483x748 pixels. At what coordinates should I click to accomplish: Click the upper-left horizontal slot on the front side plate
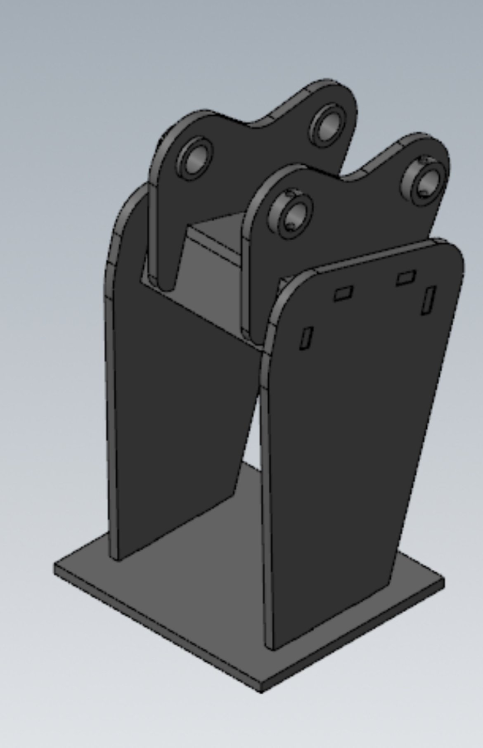pyautogui.click(x=343, y=294)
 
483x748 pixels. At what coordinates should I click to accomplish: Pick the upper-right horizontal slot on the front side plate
pyautogui.click(x=406, y=277)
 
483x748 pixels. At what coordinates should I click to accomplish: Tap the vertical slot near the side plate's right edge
pyautogui.click(x=428, y=300)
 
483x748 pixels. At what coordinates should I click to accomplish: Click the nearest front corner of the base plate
pyautogui.click(x=261, y=691)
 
